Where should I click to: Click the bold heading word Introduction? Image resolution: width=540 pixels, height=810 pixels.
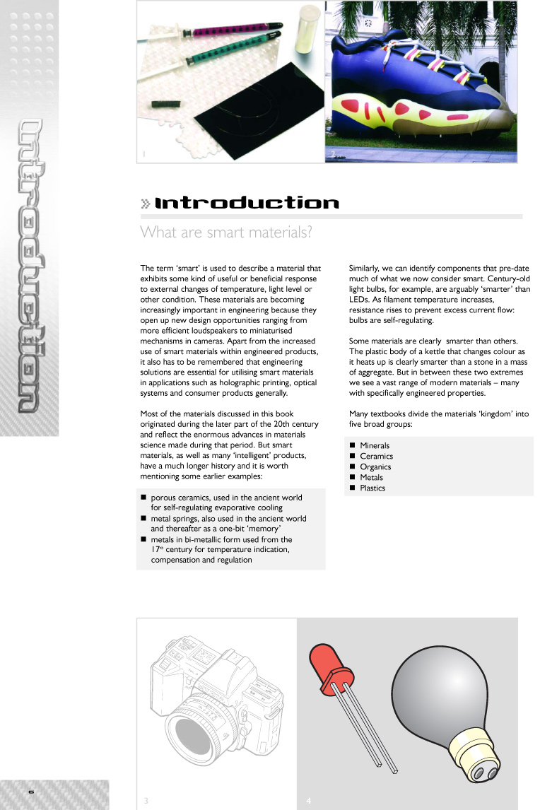pos(247,204)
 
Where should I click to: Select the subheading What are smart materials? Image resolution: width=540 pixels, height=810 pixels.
pos(226,232)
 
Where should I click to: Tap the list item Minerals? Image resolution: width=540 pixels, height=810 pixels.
pos(375,446)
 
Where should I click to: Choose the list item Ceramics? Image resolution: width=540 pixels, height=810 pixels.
pos(376,457)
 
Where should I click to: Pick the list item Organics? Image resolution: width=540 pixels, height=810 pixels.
pos(375,467)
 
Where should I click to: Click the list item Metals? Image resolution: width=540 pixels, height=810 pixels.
pos(371,478)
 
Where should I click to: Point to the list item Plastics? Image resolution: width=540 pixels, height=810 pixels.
pos(372,488)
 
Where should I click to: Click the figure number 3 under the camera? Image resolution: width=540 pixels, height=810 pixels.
pos(146,800)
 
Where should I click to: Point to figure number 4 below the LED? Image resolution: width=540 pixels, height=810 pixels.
pos(309,800)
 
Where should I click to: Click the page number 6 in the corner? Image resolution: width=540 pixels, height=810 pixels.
pos(31,792)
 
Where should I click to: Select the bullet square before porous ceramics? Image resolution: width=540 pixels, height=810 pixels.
pos(143,498)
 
